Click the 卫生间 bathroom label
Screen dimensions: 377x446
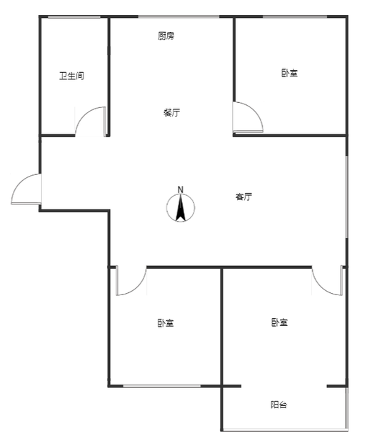click(71, 76)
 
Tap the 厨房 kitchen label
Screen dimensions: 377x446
click(166, 36)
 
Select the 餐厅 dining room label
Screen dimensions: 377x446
click(172, 113)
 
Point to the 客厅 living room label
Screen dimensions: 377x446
click(243, 197)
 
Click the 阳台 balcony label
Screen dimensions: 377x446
click(278, 405)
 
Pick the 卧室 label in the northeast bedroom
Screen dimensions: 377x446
click(289, 73)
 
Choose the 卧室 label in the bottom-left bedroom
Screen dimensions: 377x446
click(166, 323)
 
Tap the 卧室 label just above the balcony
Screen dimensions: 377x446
click(280, 322)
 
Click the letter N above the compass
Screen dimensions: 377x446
click(181, 189)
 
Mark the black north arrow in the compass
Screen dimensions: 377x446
click(181, 209)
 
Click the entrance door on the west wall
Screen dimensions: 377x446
click(26, 189)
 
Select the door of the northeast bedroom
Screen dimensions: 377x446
click(248, 117)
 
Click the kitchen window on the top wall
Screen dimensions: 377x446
click(179, 17)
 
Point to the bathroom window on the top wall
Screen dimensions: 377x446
click(74, 17)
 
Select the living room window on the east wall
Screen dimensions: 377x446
click(346, 197)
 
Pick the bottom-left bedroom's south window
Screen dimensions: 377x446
click(162, 386)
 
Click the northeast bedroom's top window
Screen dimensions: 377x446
click(295, 17)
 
